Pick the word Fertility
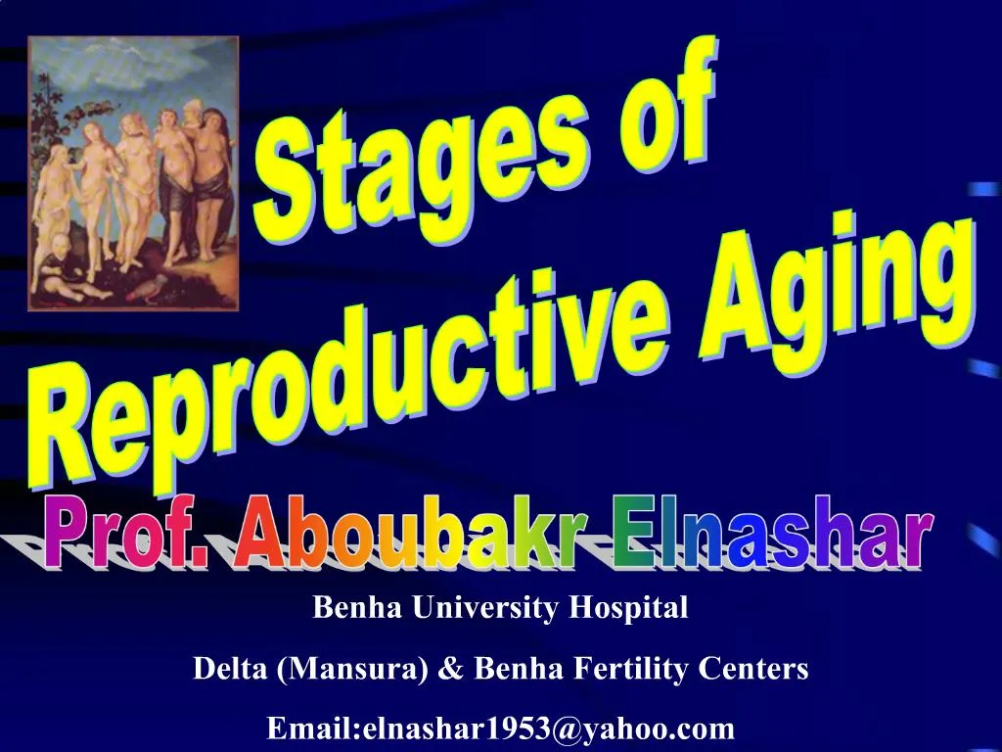click(x=630, y=670)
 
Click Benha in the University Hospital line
click(x=351, y=609)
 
